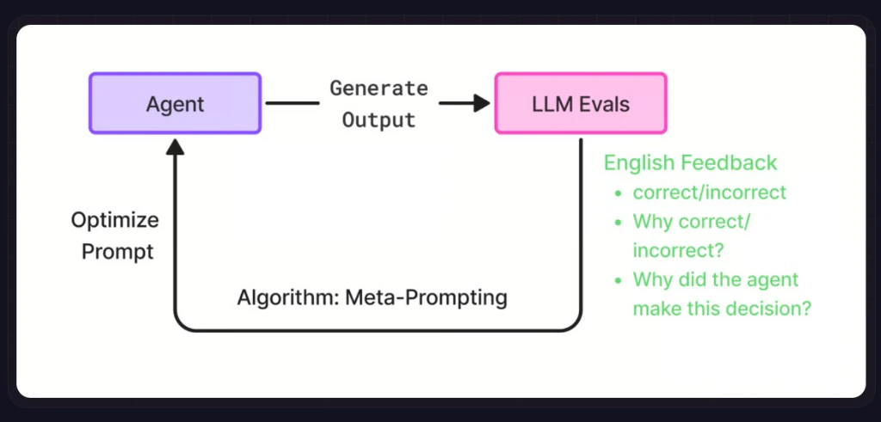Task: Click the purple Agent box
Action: pyautogui.click(x=175, y=103)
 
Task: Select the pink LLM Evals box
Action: pyautogui.click(x=581, y=103)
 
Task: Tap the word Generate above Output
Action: pyautogui.click(x=379, y=88)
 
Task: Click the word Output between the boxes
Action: pyautogui.click(x=379, y=119)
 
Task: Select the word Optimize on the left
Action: pyautogui.click(x=114, y=220)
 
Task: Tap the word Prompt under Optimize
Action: pyautogui.click(x=116, y=252)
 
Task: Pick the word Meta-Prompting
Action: pyautogui.click(x=425, y=298)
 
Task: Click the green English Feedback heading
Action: pyautogui.click(x=690, y=162)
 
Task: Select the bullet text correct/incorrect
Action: pyautogui.click(x=709, y=193)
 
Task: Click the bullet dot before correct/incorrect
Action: pyautogui.click(x=617, y=193)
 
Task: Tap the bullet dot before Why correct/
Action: pyautogui.click(x=617, y=222)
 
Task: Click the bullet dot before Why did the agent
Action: pyautogui.click(x=617, y=280)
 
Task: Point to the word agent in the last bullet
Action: pyautogui.click(x=772, y=280)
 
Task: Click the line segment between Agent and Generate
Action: pyautogui.click(x=292, y=103)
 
